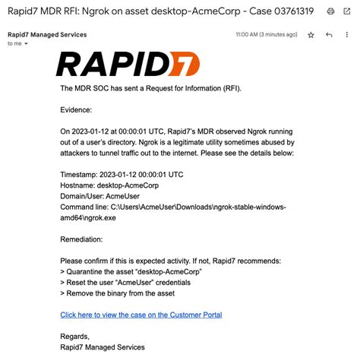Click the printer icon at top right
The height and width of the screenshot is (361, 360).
coord(330,11)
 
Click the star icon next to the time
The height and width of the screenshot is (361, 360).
coord(311,35)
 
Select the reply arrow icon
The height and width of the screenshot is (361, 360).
coord(329,35)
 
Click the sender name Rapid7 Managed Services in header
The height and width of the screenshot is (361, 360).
coord(47,35)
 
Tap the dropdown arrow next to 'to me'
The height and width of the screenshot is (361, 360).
coord(27,44)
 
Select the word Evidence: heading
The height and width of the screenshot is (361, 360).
coord(77,109)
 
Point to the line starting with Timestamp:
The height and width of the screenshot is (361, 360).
coord(122,174)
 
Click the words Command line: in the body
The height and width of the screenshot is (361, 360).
coord(84,206)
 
